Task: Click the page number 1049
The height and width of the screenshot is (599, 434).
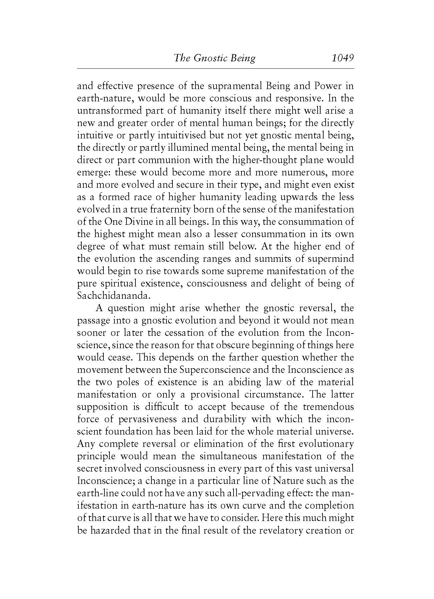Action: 343,58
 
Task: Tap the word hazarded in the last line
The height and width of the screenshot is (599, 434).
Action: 106,530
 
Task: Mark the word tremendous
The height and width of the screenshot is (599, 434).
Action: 328,407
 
